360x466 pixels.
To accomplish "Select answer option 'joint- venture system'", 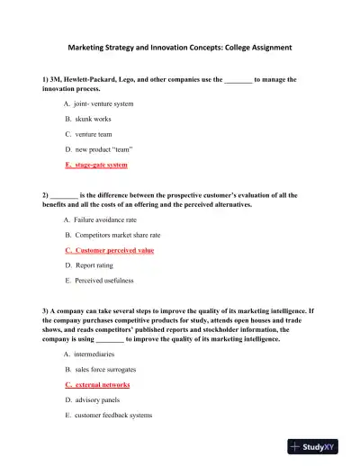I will coord(103,104).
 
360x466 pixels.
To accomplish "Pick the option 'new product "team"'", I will coord(99,148).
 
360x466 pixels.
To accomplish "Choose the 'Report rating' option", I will coord(94,265).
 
